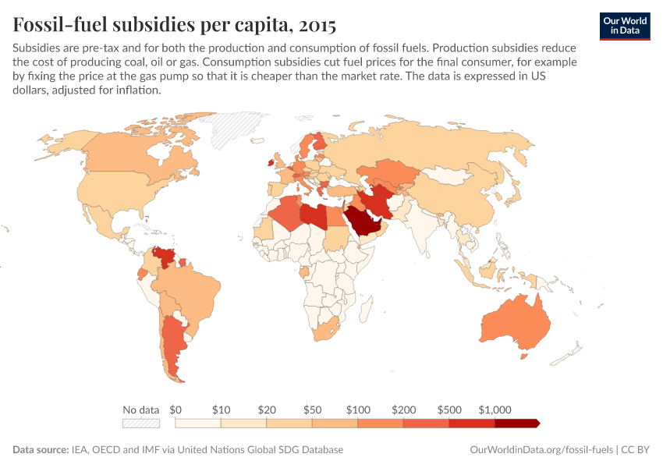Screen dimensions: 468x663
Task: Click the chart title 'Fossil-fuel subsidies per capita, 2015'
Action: [175, 25]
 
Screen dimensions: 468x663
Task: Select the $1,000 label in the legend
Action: [495, 409]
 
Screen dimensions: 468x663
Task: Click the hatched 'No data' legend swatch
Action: [141, 423]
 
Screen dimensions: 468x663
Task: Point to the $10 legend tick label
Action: [221, 409]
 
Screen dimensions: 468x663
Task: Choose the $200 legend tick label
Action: [403, 409]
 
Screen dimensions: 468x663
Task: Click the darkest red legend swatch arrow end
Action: [517, 423]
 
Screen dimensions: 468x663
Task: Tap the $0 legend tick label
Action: [175, 409]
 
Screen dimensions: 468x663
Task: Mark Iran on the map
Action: [380, 200]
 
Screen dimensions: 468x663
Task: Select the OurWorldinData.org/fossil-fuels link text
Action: [542, 450]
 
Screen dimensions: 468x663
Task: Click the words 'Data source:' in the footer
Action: [40, 450]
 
